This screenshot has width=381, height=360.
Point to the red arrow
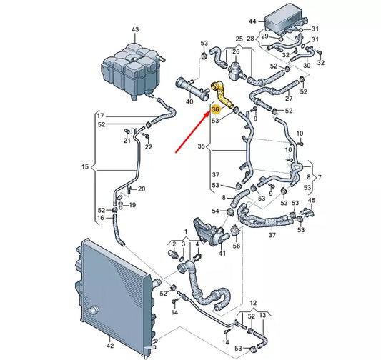tap(196, 133)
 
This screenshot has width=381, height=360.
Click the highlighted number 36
tap(215, 111)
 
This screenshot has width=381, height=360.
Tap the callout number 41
tap(222, 253)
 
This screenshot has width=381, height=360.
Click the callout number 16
tap(100, 219)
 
